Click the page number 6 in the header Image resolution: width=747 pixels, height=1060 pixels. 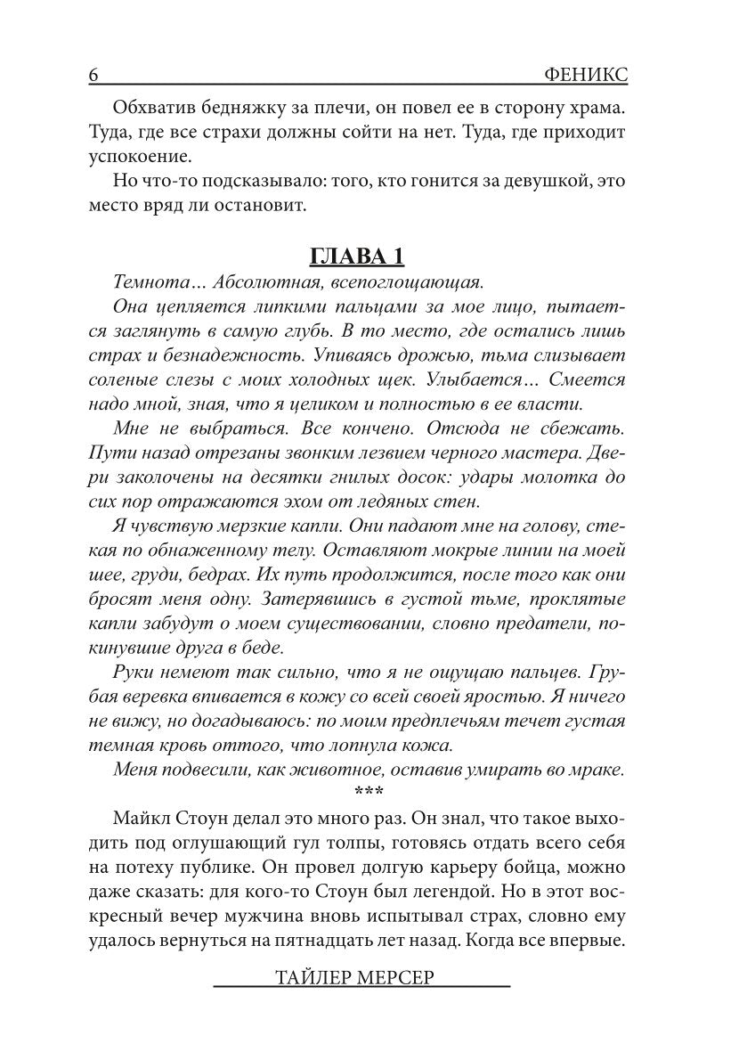pyautogui.click(x=93, y=76)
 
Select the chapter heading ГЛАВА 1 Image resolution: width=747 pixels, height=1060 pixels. pyautogui.click(x=356, y=257)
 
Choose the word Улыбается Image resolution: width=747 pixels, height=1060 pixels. pyautogui.click(x=472, y=380)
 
